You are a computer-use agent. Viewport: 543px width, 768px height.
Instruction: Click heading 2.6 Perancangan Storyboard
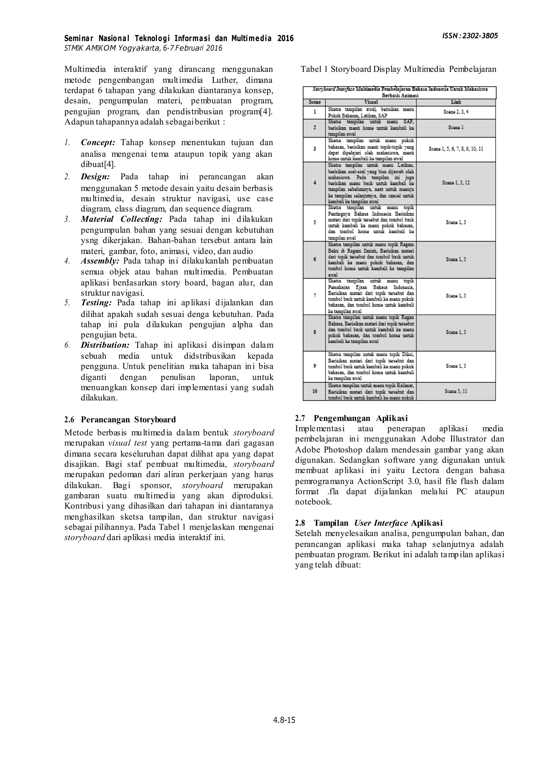[120, 420]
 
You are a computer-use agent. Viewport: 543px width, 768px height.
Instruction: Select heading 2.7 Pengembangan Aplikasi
[351, 418]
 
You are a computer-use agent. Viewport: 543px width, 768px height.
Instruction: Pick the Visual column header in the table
[371, 102]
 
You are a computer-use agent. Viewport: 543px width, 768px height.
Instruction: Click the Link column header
[456, 102]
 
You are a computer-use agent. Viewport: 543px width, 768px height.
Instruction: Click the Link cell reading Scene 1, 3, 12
[456, 183]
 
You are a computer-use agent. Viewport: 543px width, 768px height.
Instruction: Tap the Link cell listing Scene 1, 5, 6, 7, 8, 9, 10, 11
[456, 149]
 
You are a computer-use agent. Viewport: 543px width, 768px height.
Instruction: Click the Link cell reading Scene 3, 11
[456, 391]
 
